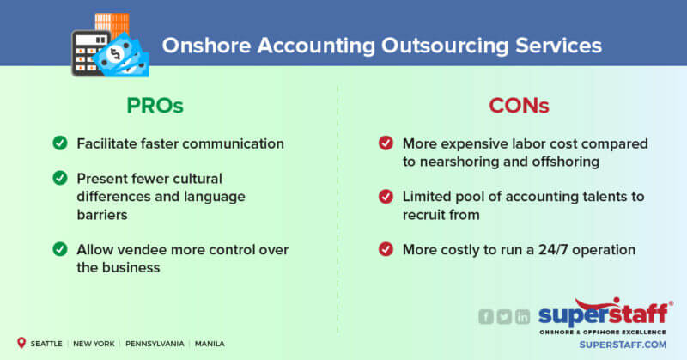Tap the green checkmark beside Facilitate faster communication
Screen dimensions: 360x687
(x=60, y=143)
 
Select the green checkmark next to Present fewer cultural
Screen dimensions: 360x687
(x=60, y=179)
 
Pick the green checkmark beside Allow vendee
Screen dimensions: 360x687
(x=60, y=250)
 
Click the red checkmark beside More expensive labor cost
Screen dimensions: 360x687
(x=386, y=143)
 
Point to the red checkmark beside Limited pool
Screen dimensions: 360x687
(x=386, y=197)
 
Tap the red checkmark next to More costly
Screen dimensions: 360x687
(x=386, y=250)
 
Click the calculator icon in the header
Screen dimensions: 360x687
(x=87, y=52)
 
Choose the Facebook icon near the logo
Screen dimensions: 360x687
(x=486, y=317)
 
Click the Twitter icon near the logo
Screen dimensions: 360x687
(x=504, y=317)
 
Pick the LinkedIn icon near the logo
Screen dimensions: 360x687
(x=522, y=317)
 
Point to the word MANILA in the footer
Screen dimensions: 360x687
(x=210, y=344)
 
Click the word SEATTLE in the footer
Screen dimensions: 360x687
(x=46, y=344)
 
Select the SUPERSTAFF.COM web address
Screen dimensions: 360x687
(x=605, y=345)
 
